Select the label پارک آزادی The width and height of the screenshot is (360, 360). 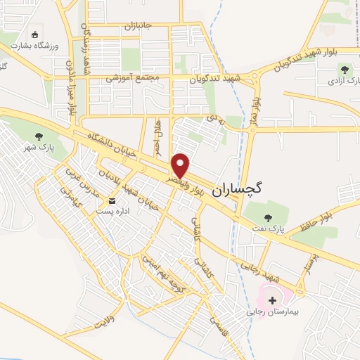point(342,82)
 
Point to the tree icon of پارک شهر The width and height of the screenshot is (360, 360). point(38,136)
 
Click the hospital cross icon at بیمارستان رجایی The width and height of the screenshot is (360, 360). point(273,300)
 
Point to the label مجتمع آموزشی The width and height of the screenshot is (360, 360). point(134,78)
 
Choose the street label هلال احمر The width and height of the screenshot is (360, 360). point(158,138)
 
